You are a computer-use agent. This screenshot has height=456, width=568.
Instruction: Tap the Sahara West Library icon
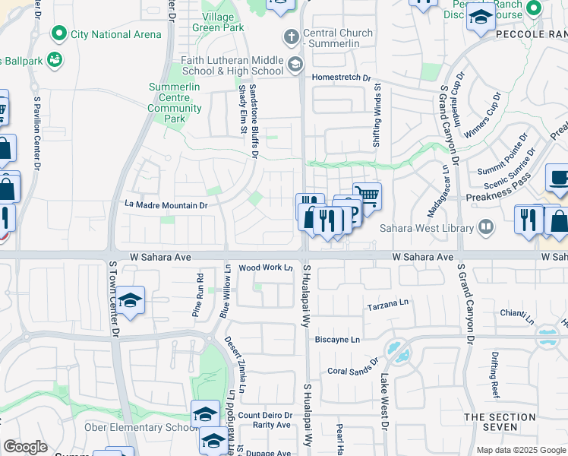(x=485, y=226)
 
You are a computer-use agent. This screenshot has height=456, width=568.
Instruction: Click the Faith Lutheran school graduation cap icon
(x=295, y=65)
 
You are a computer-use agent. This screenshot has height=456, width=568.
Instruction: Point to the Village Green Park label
(x=223, y=22)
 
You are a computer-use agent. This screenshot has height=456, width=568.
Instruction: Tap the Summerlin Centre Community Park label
(x=175, y=108)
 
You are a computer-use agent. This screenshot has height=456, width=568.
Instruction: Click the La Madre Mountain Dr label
(x=166, y=205)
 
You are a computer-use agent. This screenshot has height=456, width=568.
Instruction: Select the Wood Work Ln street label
(x=266, y=268)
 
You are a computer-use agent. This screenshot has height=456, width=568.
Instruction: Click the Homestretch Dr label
(x=340, y=78)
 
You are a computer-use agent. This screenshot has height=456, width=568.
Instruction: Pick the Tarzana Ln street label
(x=388, y=307)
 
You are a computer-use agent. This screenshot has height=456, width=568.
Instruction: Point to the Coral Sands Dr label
(x=352, y=369)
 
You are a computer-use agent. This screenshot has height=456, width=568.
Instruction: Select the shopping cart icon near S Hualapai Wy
(x=368, y=195)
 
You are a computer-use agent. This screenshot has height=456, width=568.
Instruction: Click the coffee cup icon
(x=560, y=178)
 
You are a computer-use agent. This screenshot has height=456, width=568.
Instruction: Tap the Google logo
(x=25, y=447)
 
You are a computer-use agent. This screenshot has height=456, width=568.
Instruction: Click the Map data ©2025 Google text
(x=521, y=450)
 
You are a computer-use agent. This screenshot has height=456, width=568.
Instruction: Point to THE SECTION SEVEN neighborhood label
(x=500, y=423)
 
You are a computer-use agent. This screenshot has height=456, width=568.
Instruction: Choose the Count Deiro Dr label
(x=265, y=415)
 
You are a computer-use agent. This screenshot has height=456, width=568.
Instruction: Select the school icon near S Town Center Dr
(x=131, y=301)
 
